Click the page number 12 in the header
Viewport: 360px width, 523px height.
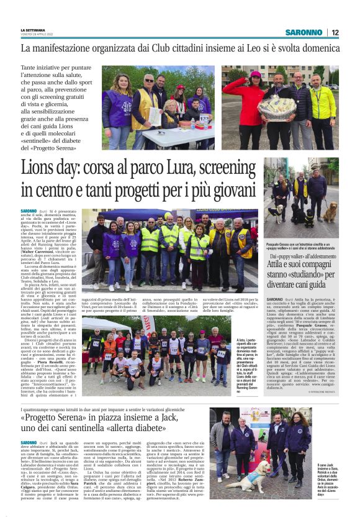click(x=336, y=32)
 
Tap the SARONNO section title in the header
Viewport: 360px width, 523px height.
click(x=304, y=32)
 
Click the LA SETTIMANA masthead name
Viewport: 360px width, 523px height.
click(x=33, y=30)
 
